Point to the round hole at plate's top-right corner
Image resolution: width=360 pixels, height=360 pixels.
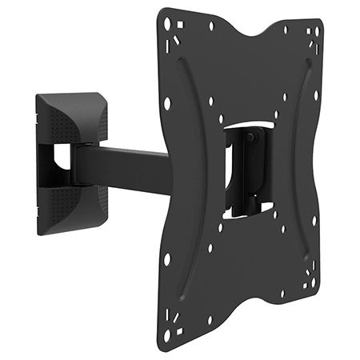pos(318,30)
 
